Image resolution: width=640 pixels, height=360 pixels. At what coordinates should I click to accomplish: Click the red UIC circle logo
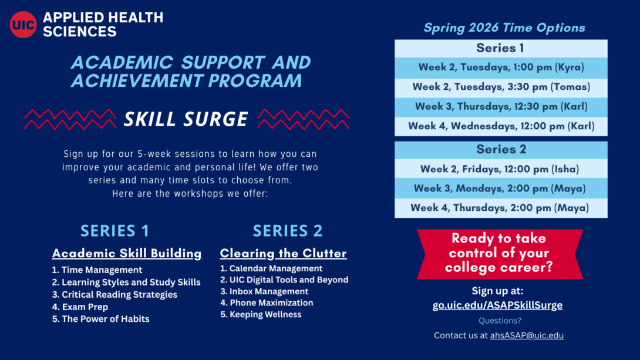[23, 24]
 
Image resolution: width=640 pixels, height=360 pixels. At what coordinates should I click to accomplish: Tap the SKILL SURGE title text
[186, 119]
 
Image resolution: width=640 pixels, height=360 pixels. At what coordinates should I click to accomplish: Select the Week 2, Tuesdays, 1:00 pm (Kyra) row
[501, 67]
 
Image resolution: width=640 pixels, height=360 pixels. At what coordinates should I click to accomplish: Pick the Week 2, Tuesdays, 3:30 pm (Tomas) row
[501, 87]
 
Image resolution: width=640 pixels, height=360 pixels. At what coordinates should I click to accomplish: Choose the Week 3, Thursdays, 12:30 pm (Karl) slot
[501, 106]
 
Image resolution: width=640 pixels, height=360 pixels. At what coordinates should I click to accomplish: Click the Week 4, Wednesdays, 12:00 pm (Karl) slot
[501, 126]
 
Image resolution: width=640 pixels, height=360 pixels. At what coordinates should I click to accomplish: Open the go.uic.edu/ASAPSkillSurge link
[497, 305]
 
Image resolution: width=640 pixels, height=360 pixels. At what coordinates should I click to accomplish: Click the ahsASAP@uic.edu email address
[527, 335]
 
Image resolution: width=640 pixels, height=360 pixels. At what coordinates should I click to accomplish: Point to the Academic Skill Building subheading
[127, 254]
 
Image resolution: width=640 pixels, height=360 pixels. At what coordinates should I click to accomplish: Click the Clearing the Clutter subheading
[283, 254]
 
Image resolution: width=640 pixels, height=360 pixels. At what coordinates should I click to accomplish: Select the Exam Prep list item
[85, 307]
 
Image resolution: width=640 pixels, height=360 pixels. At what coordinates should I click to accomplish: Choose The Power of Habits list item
[105, 319]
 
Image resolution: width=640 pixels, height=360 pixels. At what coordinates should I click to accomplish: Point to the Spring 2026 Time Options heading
[504, 28]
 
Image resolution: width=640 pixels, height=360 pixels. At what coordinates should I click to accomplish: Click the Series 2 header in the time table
[501, 149]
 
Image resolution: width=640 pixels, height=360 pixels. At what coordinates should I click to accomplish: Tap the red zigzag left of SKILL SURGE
[70, 119]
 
